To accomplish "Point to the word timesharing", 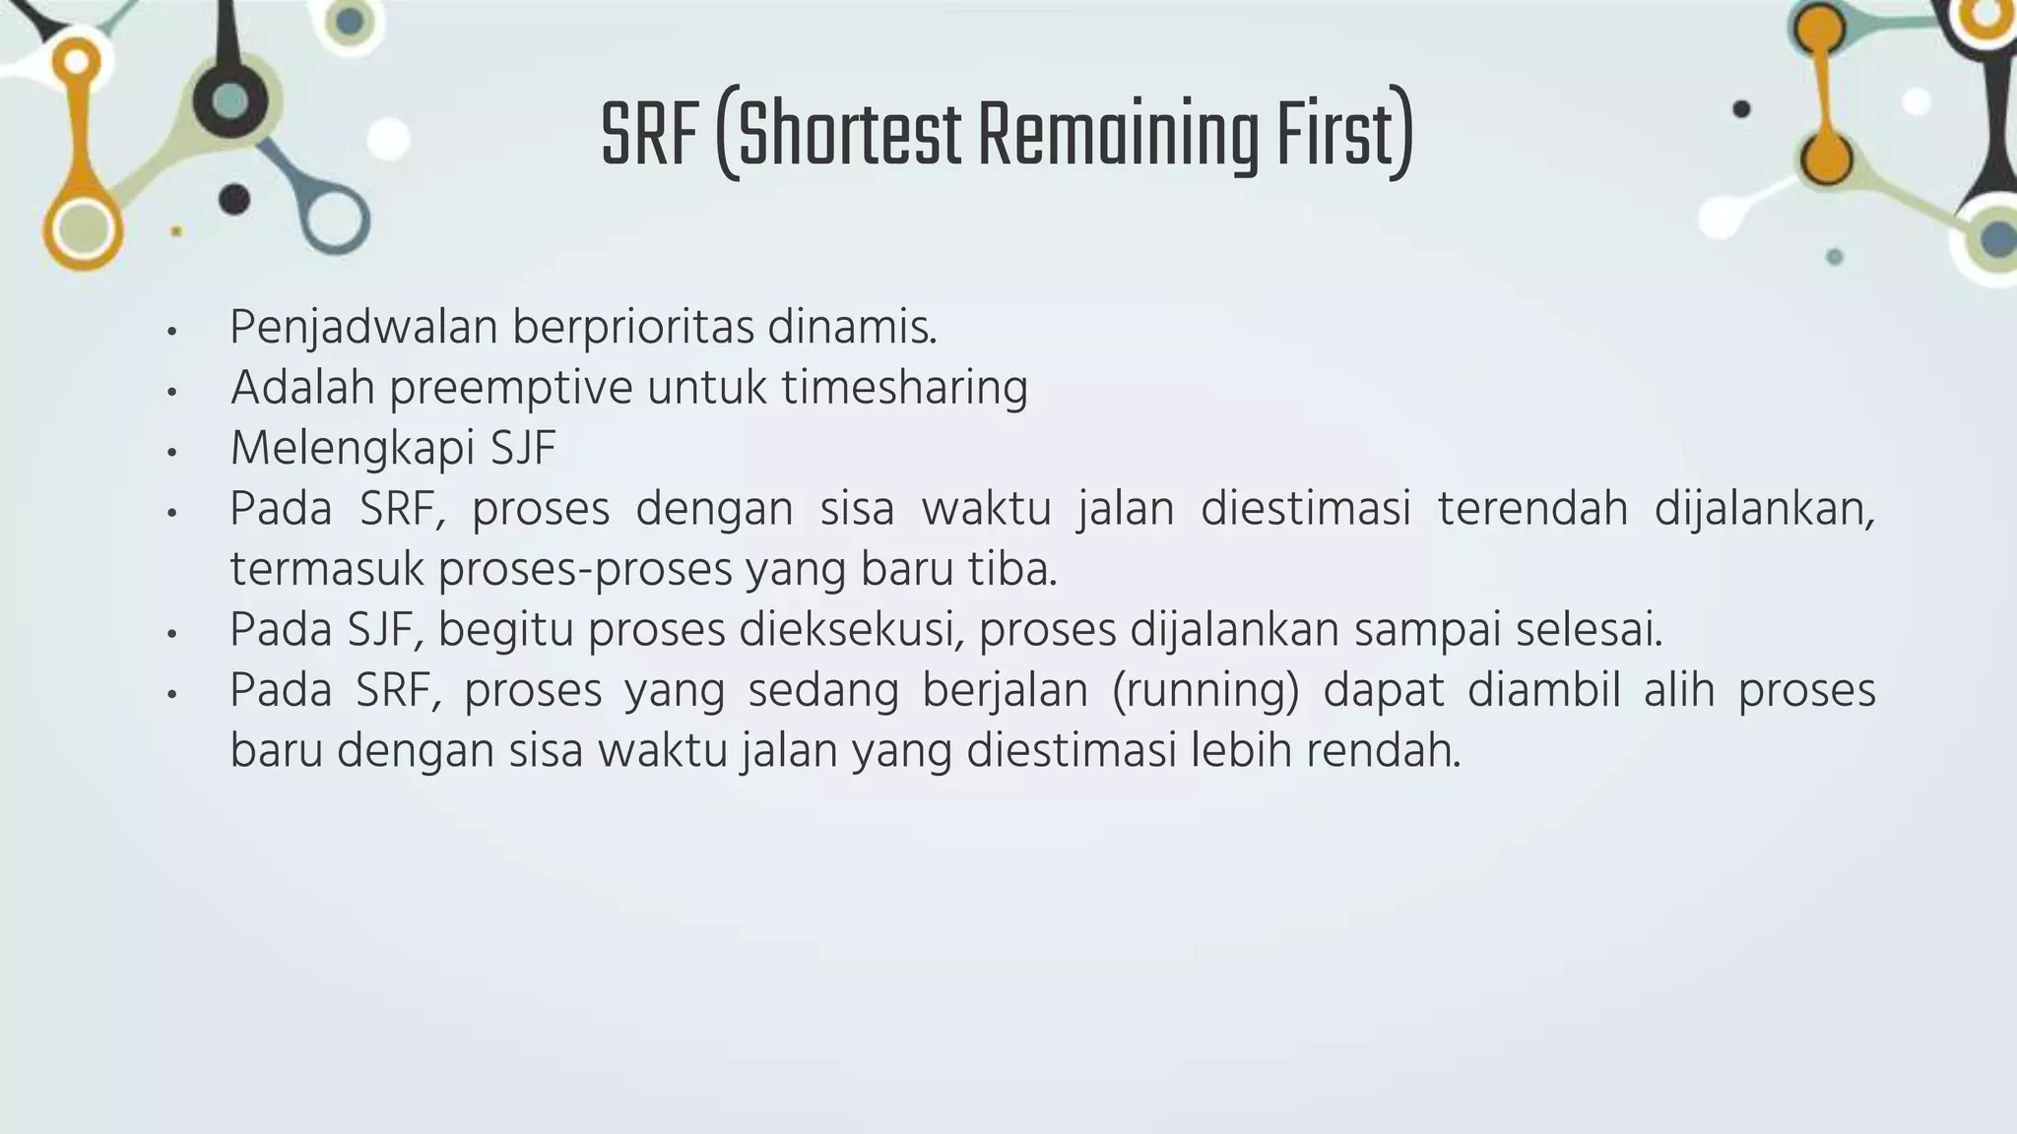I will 904,388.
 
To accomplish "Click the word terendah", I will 1532,509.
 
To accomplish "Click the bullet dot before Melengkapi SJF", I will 172,452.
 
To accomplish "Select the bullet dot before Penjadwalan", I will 172,332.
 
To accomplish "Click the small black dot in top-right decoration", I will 1741,109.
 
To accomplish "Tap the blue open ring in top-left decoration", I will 335,218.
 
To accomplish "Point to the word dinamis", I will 852,328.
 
